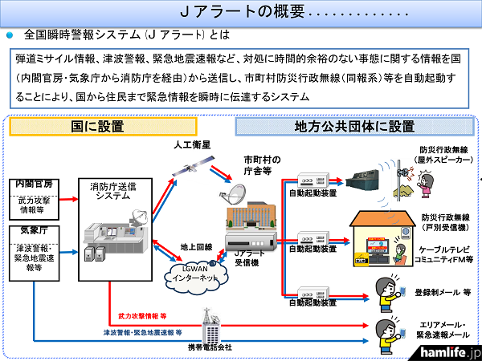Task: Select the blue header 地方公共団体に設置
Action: click(356, 127)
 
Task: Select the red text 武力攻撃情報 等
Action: click(144, 316)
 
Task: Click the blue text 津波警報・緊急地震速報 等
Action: click(142, 331)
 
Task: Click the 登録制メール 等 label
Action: click(444, 293)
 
